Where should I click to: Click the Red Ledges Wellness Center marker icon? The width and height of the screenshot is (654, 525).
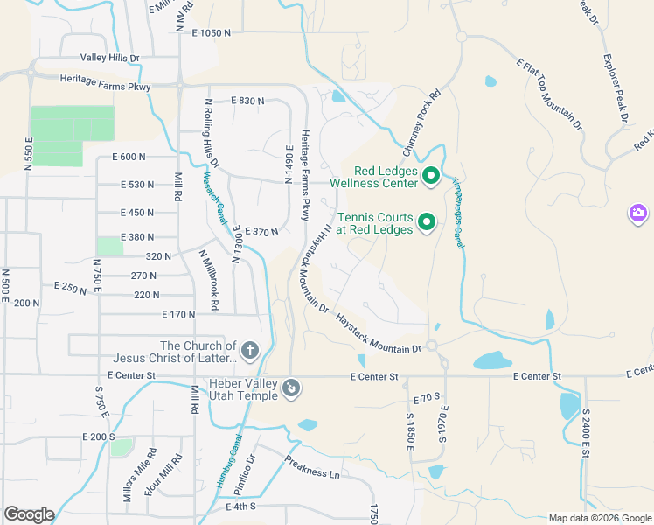point(430,178)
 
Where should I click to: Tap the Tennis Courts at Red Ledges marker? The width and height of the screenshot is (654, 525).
point(427,223)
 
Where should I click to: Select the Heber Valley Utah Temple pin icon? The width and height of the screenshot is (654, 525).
point(292,388)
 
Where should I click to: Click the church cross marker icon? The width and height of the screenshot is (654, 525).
point(249,352)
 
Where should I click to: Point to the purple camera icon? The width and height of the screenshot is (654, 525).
point(638,213)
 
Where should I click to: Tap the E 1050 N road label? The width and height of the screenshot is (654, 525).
point(211,32)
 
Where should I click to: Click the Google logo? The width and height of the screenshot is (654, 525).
point(29,514)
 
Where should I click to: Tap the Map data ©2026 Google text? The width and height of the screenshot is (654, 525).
point(600,518)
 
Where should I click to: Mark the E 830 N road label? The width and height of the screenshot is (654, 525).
point(247,101)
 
